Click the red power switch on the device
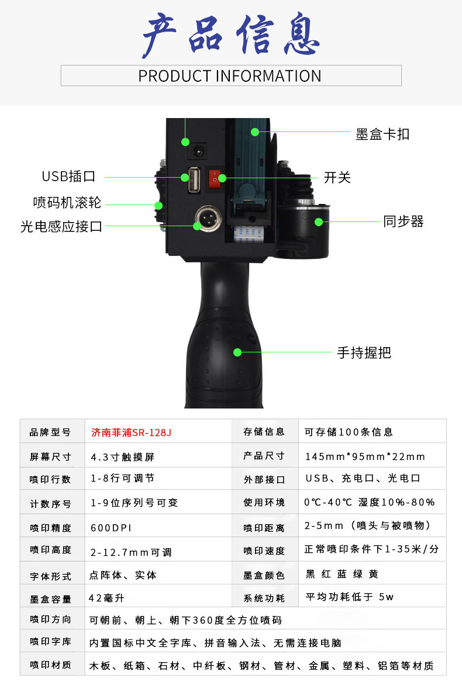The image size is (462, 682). (214, 179)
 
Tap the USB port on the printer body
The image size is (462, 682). (194, 179)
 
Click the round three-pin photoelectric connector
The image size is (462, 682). (208, 219)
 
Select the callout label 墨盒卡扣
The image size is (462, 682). (382, 134)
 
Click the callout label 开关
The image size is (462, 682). (337, 178)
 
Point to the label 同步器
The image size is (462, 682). (403, 221)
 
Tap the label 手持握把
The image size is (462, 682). (364, 352)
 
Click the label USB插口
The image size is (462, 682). (68, 176)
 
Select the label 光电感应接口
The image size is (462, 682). (61, 226)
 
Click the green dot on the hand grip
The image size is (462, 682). (237, 352)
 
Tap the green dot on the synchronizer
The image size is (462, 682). (319, 222)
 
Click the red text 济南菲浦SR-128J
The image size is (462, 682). (131, 432)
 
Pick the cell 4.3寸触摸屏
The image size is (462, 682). (122, 456)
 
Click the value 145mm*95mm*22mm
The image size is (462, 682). (365, 456)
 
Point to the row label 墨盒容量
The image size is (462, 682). (50, 599)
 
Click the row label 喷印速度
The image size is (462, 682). (264, 550)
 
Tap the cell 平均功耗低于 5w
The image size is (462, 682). (350, 597)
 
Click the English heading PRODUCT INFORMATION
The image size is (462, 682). (230, 76)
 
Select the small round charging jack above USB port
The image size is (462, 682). (199, 151)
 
